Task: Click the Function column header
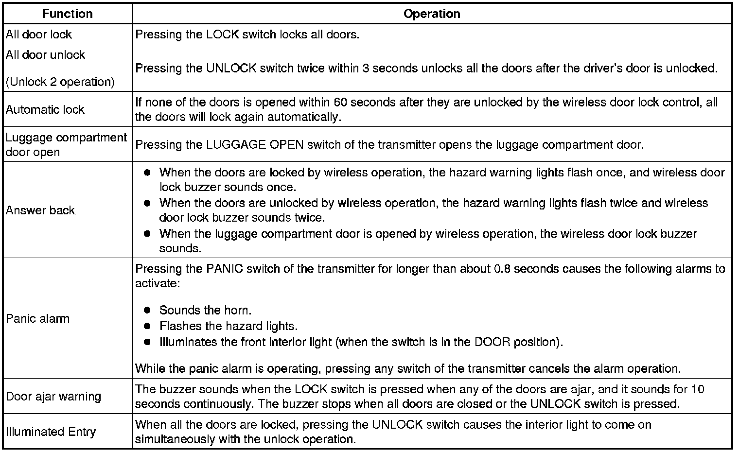[x=67, y=14]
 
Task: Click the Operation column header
[x=432, y=14]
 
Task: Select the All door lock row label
[x=38, y=35]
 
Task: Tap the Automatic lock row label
[x=45, y=109]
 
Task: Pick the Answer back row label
[x=40, y=210]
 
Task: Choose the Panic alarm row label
[x=37, y=319]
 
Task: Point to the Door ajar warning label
[x=53, y=396]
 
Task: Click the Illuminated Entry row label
[x=51, y=432]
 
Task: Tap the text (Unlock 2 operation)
[x=60, y=82]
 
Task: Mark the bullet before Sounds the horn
[x=147, y=310]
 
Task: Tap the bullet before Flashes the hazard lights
[x=147, y=326]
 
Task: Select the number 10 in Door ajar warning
[x=698, y=389]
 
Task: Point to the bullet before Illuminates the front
[x=147, y=342]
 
